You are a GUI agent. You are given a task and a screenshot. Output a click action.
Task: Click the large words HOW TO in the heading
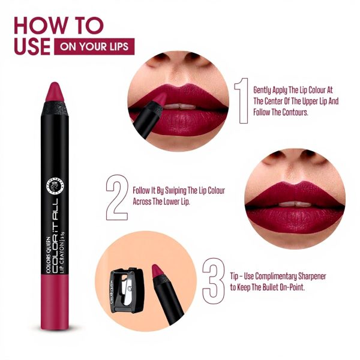(x=58, y=25)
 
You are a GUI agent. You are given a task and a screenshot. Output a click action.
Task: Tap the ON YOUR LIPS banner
(x=94, y=46)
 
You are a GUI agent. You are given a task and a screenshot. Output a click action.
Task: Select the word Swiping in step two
(x=176, y=190)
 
